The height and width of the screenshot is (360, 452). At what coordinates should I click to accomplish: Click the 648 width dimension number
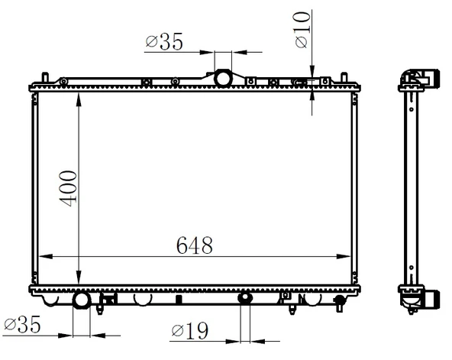[195, 245]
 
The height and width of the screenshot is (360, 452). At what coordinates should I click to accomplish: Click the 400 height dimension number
[68, 189]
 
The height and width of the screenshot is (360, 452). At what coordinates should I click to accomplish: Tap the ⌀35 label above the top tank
[164, 41]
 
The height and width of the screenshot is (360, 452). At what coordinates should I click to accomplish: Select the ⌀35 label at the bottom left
[22, 324]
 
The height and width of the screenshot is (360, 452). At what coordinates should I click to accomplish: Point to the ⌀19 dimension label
[189, 331]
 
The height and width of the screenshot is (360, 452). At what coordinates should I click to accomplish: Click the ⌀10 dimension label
[302, 29]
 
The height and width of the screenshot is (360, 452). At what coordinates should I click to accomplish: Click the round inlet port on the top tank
[223, 79]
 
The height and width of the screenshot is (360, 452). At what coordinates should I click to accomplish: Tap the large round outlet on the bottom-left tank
[81, 300]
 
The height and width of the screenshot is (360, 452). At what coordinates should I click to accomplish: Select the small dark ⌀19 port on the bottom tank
[245, 297]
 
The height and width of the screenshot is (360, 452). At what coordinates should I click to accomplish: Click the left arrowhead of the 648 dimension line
[46, 256]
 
